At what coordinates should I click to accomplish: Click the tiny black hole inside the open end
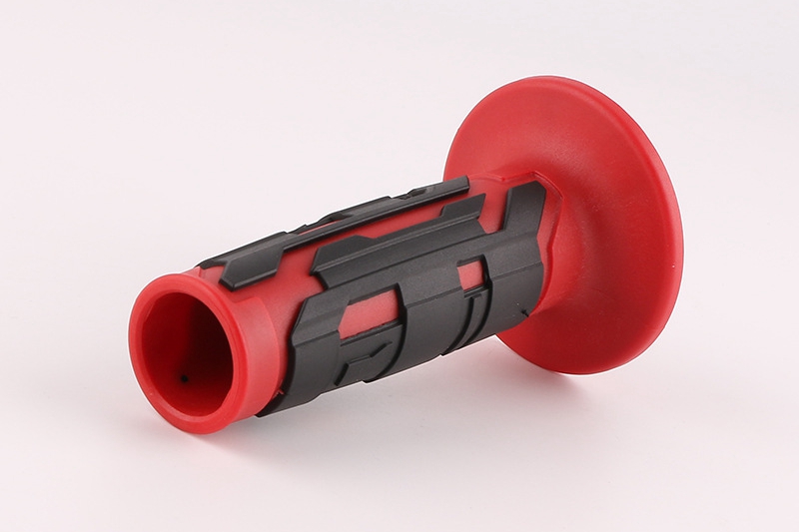(x=184, y=378)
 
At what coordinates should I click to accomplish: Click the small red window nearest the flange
(x=470, y=275)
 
